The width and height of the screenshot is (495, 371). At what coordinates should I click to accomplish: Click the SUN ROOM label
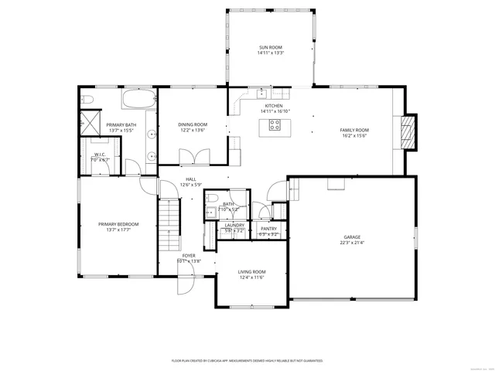[271, 48]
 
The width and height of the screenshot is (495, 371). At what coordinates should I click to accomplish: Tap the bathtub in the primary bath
[138, 100]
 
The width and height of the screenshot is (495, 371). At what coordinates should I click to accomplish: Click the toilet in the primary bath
[87, 99]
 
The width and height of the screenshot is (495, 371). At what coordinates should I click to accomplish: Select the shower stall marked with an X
[89, 122]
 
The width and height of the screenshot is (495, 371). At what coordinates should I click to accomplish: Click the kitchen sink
[262, 94]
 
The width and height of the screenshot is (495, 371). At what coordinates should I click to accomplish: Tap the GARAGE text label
[352, 237]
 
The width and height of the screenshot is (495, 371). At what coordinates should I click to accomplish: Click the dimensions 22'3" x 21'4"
[352, 243]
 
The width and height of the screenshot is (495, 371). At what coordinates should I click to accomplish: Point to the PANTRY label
[268, 229]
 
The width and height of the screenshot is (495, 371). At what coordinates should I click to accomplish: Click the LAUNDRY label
[234, 225]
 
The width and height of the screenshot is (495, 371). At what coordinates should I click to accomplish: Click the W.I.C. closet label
[100, 154]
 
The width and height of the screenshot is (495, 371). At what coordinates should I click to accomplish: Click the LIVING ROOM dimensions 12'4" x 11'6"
[251, 277]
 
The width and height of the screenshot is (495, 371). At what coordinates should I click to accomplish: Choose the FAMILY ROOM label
[354, 130]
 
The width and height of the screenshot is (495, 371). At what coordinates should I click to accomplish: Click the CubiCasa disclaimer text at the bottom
[247, 360]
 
